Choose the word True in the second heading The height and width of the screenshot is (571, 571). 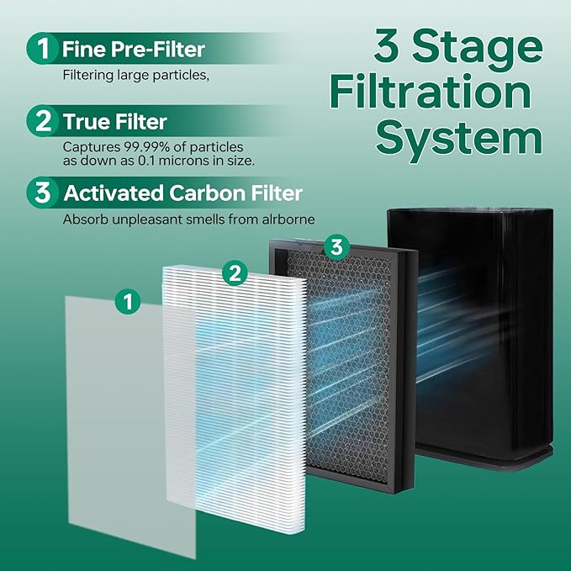[87, 122]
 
